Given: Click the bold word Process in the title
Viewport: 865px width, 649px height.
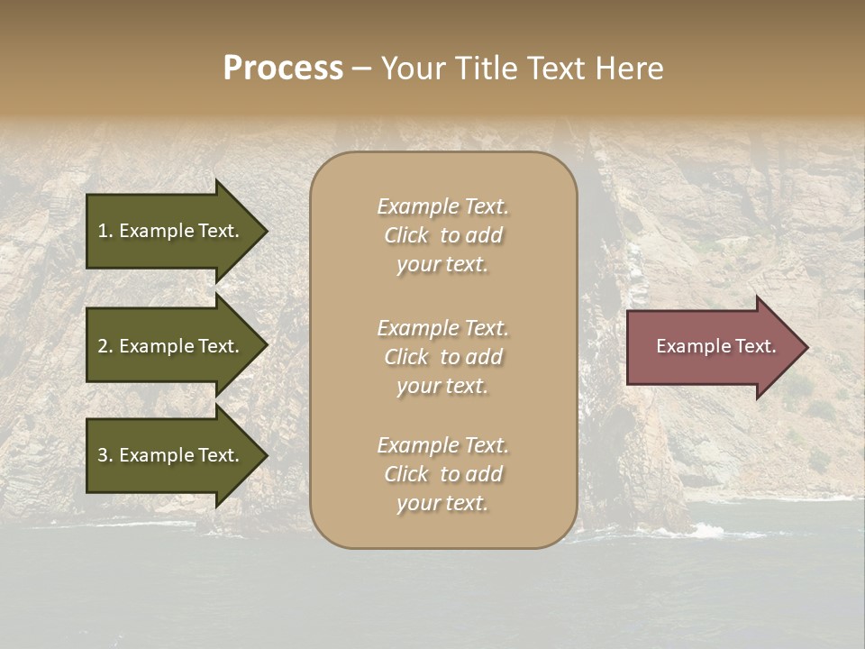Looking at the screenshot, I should pyautogui.click(x=283, y=69).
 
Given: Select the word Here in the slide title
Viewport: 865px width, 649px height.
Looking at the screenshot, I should pyautogui.click(x=629, y=69).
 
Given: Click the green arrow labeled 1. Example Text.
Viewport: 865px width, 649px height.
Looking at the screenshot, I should pyautogui.click(x=171, y=231).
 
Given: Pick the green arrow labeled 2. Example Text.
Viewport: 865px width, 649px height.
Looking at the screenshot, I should pyautogui.click(x=171, y=346).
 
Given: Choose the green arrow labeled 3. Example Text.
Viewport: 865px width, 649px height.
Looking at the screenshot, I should pyautogui.click(x=171, y=455).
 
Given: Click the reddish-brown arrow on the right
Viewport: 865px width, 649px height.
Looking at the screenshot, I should pyautogui.click(x=712, y=346).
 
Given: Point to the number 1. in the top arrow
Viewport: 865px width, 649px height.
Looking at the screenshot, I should pyautogui.click(x=105, y=231).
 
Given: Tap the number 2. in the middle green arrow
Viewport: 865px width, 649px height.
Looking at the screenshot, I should pyautogui.click(x=105, y=346).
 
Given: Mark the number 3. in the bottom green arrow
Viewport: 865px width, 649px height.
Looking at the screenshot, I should pyautogui.click(x=105, y=455).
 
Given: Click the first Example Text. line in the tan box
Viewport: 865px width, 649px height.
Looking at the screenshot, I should pyautogui.click(x=443, y=206).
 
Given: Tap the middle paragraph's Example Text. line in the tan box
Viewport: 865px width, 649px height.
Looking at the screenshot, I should pyautogui.click(x=443, y=328).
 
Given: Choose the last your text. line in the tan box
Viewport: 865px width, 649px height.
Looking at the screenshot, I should pyautogui.click(x=442, y=503).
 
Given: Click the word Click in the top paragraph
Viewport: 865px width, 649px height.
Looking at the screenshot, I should pyautogui.click(x=406, y=235).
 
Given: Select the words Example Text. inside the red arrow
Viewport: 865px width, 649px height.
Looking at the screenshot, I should pyautogui.click(x=715, y=346).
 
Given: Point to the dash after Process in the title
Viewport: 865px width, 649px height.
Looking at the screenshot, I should pyautogui.click(x=360, y=69).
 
